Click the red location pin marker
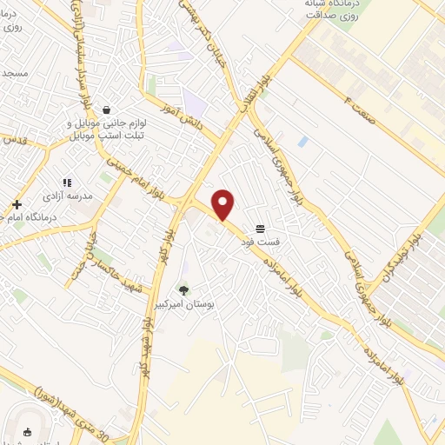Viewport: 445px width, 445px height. (x=223, y=205)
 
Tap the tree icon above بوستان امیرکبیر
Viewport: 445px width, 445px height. (x=183, y=289)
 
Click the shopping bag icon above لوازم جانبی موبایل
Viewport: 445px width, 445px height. (x=106, y=110)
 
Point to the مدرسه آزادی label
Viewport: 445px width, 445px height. (x=83, y=196)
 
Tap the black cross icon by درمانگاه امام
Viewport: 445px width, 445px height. (x=17, y=205)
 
